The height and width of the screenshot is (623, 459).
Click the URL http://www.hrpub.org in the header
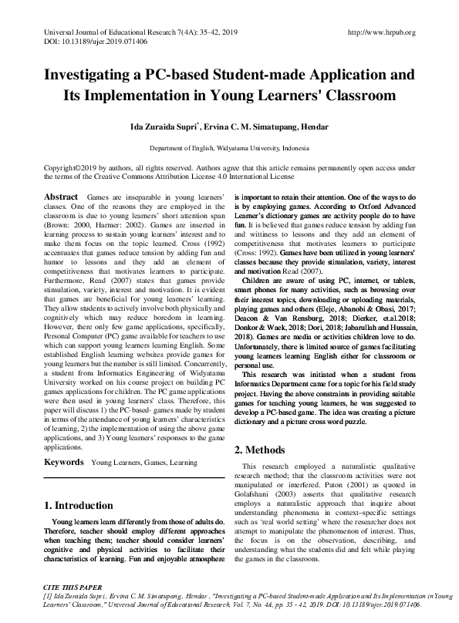(382, 32)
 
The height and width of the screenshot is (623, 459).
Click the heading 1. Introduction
(78, 506)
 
